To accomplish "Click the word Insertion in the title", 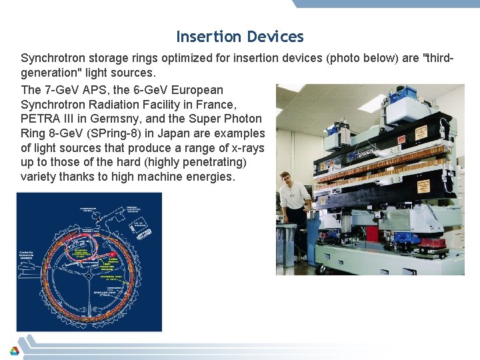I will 209,37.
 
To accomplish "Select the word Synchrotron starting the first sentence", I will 53,58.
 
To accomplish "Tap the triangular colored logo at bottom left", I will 14,351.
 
